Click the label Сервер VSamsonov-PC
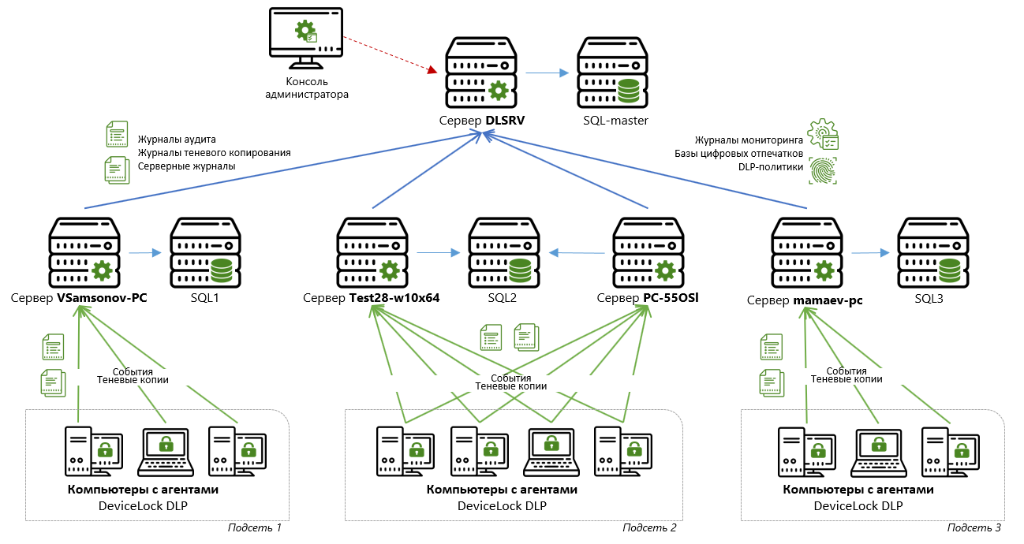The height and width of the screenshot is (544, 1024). coord(79,299)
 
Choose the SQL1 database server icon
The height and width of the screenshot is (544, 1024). coord(204,252)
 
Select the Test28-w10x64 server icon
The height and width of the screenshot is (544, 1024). coord(372,252)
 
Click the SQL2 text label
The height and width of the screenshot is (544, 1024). coord(502,299)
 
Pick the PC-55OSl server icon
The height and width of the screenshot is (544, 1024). coord(648,252)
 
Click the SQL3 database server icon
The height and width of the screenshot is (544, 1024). coord(932,252)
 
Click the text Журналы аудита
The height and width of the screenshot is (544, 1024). coord(177,140)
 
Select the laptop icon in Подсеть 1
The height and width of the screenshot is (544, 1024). coord(165,452)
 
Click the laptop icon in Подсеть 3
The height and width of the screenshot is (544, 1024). coord(877,452)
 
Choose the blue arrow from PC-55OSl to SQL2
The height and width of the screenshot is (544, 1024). coord(578,253)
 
